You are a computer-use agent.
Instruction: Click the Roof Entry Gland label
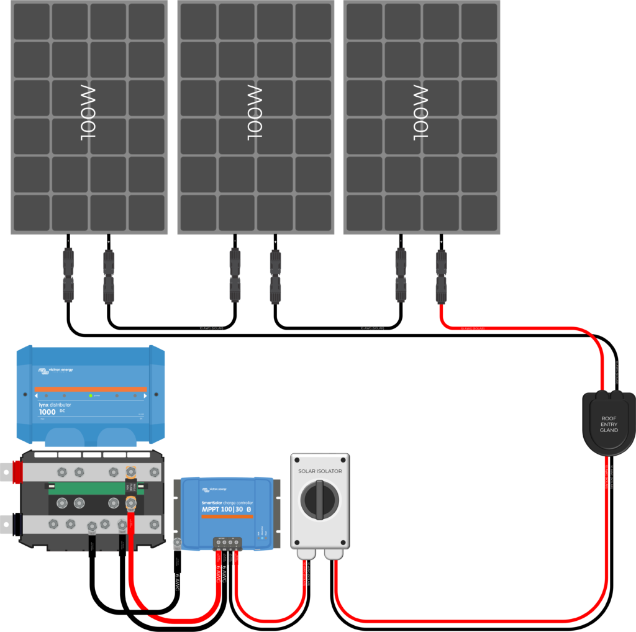click(x=608, y=425)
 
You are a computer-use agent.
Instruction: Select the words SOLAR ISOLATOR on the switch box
click(x=320, y=471)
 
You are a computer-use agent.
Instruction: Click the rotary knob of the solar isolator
click(x=320, y=500)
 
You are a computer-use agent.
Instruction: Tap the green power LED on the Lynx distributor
click(x=91, y=395)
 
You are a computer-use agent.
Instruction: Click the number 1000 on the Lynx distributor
click(x=47, y=412)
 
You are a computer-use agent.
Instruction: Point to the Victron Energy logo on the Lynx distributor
click(x=56, y=371)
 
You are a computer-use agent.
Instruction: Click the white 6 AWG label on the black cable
click(x=178, y=580)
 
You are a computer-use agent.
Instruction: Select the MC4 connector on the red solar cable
click(x=441, y=276)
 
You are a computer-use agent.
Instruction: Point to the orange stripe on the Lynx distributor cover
click(x=91, y=389)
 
